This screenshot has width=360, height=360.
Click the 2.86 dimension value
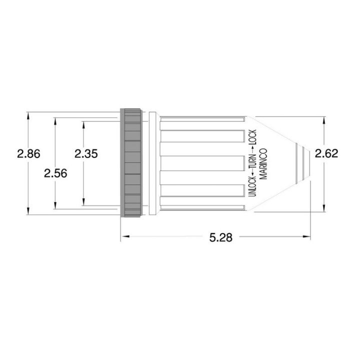coord(28,153)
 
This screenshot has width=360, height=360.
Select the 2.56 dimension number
coord(55,172)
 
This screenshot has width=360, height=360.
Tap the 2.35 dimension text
coord(86,153)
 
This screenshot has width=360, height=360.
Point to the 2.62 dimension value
coord(326,153)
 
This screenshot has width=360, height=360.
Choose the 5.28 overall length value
coord(220,238)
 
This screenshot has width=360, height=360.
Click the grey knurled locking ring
coord(131,163)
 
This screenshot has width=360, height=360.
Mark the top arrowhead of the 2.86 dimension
coord(28,115)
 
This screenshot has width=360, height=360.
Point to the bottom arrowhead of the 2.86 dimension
coord(28,211)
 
